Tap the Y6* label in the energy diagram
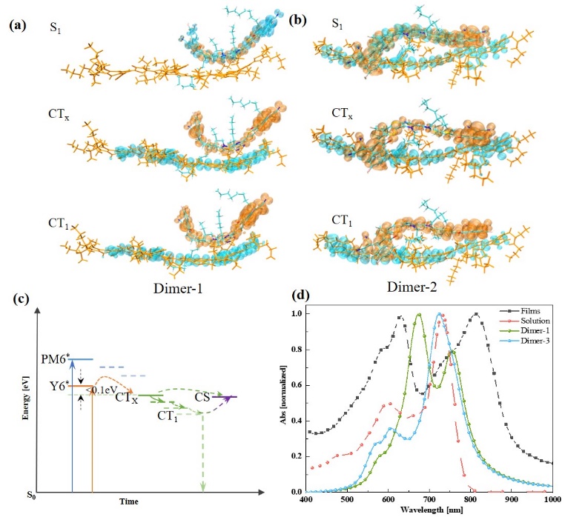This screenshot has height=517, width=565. tap(57, 384)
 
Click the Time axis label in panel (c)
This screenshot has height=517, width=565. tap(129, 501)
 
